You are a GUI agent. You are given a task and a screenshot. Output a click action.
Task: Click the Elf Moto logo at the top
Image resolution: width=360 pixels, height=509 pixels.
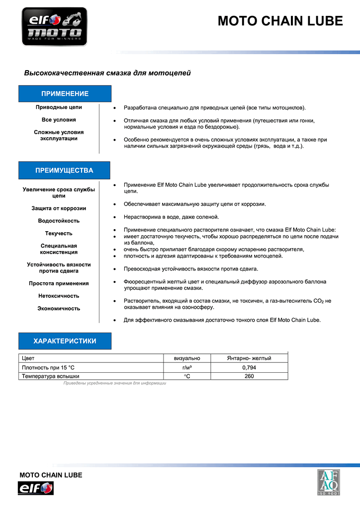pyautogui.click(x=54, y=27)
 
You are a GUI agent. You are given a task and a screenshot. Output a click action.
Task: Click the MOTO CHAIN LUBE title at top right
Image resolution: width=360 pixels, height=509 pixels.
pyautogui.click(x=280, y=21)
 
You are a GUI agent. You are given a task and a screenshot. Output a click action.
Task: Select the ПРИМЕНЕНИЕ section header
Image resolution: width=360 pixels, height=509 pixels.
pyautogui.click(x=65, y=93)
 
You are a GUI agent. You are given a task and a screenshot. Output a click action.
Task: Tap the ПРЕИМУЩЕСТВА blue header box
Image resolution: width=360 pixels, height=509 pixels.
pyautogui.click(x=65, y=170)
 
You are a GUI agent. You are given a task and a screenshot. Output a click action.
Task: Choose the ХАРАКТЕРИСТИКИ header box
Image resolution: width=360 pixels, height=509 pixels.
pyautogui.click(x=65, y=341)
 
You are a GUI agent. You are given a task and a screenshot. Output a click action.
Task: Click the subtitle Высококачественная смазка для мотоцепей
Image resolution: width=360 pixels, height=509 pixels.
pyautogui.click(x=107, y=73)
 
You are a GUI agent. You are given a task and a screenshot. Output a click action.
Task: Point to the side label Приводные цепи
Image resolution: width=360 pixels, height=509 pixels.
pyautogui.click(x=59, y=107)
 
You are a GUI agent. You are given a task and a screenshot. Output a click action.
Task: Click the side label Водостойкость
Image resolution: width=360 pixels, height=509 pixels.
pyautogui.click(x=59, y=221)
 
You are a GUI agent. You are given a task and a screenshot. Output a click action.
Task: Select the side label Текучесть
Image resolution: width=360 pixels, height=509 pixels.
pyautogui.click(x=59, y=233)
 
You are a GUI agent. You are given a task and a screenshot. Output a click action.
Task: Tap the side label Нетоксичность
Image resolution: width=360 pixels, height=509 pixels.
pyautogui.click(x=59, y=296)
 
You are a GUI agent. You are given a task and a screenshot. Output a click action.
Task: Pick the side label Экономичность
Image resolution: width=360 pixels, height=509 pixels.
pyautogui.click(x=59, y=308)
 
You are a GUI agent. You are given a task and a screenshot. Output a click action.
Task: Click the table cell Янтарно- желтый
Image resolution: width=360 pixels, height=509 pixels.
pyautogui.click(x=249, y=358)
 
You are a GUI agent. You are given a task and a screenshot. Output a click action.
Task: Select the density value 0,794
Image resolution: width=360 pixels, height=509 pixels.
pyautogui.click(x=249, y=367)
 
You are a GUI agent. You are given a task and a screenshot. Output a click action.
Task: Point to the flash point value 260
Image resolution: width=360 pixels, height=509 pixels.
pyautogui.click(x=249, y=376)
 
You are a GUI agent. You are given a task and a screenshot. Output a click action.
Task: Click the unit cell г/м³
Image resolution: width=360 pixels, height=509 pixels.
pyautogui.click(x=187, y=367)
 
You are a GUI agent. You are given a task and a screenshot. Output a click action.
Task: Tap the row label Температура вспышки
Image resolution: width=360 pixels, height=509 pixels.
pyautogui.click(x=50, y=376)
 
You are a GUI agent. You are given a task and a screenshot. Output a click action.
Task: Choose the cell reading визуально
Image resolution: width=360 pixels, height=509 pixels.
pyautogui.click(x=187, y=358)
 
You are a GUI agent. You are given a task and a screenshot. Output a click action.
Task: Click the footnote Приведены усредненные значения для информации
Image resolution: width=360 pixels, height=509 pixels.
pyautogui.click(x=114, y=383)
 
